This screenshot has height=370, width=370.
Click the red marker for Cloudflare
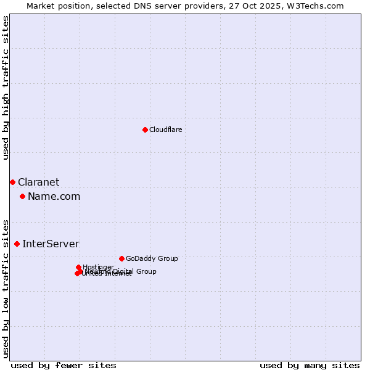[145, 129]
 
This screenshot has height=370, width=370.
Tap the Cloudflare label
[165, 129]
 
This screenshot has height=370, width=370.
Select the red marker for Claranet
[12, 182]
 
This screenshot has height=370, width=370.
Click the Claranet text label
[38, 182]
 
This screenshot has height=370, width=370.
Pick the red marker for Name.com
[22, 196]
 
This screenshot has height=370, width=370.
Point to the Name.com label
[54, 196]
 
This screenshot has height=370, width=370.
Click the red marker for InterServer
[17, 244]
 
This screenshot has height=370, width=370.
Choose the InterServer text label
[51, 244]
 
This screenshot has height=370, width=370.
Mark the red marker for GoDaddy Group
[121, 258]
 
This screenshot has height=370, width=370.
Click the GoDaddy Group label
[151, 258]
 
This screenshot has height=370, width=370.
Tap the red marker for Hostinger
[78, 267]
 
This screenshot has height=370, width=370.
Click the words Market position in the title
[56, 6]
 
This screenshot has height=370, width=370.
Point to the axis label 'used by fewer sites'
[64, 365]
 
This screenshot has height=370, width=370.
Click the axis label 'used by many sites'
[310, 365]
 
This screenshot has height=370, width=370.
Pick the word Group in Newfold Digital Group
[146, 271]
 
